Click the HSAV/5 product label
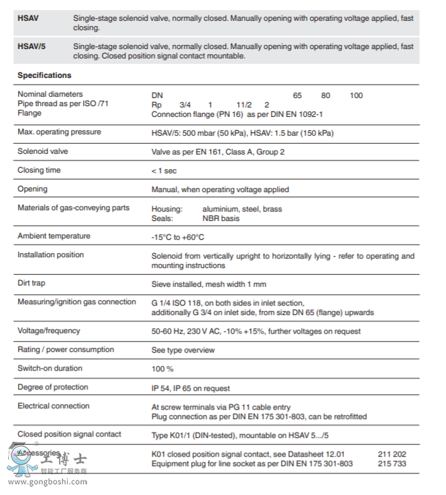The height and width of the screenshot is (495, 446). click(x=32, y=46)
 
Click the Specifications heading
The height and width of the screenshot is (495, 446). click(x=44, y=75)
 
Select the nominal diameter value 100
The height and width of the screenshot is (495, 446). click(x=356, y=95)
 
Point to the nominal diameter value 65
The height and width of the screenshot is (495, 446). click(x=298, y=95)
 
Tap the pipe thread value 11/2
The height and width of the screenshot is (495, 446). click(x=243, y=105)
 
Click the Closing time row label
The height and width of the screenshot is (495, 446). click(x=39, y=171)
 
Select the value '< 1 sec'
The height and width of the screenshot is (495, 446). click(x=164, y=171)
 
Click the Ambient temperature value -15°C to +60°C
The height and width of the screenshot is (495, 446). click(x=178, y=237)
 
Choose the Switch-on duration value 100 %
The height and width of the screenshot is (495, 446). click(x=162, y=369)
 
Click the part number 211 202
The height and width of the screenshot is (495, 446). click(x=392, y=454)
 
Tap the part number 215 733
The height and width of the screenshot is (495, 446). click(x=392, y=463)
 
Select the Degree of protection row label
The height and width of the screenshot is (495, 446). click(x=53, y=387)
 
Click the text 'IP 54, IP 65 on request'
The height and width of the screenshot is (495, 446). click(x=190, y=388)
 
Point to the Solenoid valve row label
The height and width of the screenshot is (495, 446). click(x=43, y=152)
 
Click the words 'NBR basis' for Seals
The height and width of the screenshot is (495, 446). click(x=221, y=218)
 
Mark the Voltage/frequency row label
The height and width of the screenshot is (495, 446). click(x=49, y=330)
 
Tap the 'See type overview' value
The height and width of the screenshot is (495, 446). click(x=183, y=350)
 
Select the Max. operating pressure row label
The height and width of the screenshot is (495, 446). click(x=59, y=132)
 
